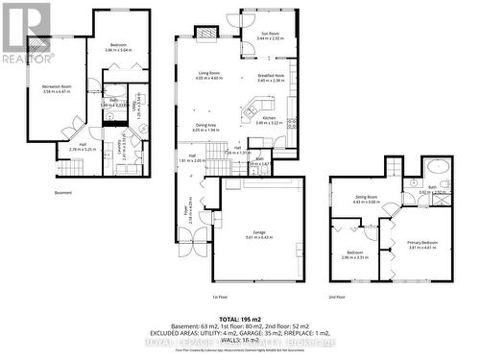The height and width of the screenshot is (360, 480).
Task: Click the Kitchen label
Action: [268, 120]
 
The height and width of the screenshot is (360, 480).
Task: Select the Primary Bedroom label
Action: [421, 244]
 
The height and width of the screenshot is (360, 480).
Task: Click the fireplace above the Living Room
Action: [207, 34]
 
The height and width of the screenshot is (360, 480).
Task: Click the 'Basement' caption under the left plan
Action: [63, 193]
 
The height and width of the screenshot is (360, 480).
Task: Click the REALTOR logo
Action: [24, 33]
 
